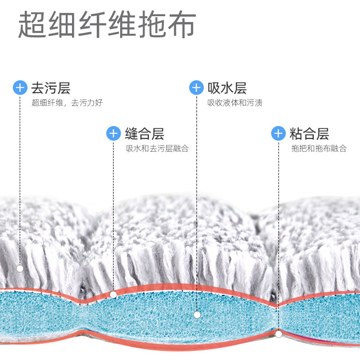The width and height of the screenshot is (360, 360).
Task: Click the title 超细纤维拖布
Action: pos(107,25)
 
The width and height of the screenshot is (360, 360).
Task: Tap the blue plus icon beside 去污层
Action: pos(20,87)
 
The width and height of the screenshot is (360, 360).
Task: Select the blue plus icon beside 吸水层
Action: pos(196,87)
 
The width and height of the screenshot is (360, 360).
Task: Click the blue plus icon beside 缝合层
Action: pos(113,133)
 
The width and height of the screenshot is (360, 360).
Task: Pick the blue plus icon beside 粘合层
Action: pos(279,133)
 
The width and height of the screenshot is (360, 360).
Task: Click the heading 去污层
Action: pos(51,87)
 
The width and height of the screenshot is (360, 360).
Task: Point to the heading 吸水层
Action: pos(227,87)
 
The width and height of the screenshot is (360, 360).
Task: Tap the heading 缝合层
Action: pos(144,134)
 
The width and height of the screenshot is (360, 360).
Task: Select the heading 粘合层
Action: pos(310,134)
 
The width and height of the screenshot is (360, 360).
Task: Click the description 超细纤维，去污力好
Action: pos(67,103)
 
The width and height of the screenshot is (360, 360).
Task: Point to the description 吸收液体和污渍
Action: pos(235,103)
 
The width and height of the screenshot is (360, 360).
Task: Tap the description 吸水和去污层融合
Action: pos(157,148)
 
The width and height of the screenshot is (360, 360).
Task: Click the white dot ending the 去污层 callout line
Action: pos(20,269)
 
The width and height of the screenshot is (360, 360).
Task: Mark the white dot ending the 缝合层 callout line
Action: pos(113,295)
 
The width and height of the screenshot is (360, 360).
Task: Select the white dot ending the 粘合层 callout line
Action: pos(279,334)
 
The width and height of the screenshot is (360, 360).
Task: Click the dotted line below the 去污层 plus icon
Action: pos(20,180)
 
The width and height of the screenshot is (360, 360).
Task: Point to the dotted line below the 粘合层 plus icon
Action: pos(279,234)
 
